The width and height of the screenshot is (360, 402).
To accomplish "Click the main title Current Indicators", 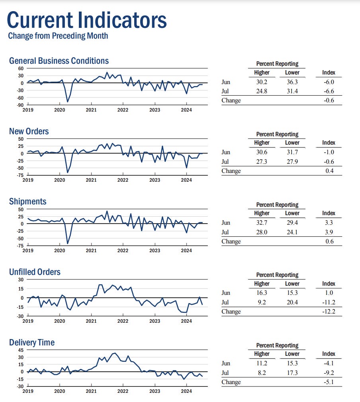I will click(x=87, y=20).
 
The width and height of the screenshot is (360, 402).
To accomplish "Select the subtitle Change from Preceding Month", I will click(x=58, y=36).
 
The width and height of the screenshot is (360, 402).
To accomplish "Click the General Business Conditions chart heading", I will click(x=59, y=61).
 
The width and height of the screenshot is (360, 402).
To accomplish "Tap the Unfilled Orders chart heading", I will click(x=35, y=272).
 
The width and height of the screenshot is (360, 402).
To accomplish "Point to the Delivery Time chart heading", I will click(x=32, y=343).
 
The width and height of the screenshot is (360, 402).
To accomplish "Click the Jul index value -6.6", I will click(x=329, y=91).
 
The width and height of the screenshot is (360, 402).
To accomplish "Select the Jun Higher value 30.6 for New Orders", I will click(x=262, y=152).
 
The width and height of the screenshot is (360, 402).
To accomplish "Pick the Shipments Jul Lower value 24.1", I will click(x=292, y=232).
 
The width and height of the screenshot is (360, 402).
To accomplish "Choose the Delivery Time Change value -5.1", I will click(x=329, y=382).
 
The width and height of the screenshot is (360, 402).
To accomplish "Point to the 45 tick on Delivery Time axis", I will click(x=20, y=350).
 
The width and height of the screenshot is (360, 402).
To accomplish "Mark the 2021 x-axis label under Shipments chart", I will click(x=91, y=251).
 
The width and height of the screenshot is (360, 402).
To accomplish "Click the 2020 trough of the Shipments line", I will click(x=67, y=243).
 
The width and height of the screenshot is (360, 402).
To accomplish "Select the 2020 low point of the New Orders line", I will click(x=67, y=173).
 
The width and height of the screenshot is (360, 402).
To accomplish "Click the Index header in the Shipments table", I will click(x=329, y=213).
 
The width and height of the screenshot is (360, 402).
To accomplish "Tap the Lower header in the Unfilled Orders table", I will click(x=292, y=284).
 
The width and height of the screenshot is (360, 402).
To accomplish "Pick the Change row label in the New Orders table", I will click(x=231, y=171).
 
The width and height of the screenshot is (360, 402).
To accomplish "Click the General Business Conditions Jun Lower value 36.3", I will click(x=292, y=82).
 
